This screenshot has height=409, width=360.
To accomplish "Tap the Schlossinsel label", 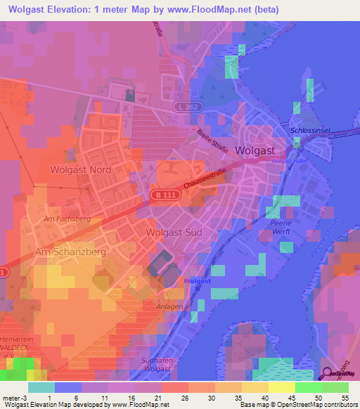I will point(309,131).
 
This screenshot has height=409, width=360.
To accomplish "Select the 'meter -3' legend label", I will point(14,397).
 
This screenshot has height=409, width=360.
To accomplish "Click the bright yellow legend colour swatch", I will point(282,387).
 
